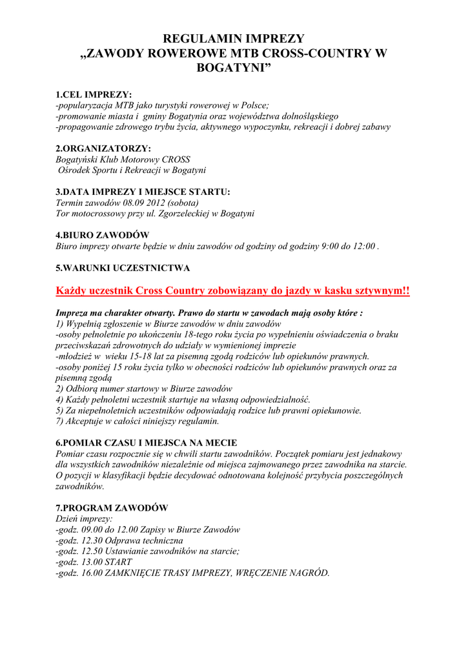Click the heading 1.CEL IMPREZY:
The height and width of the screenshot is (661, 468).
pyautogui.click(x=94, y=95)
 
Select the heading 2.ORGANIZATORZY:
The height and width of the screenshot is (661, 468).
pyautogui.click(x=103, y=148)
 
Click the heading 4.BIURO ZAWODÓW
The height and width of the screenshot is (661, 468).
pyautogui.click(x=103, y=235)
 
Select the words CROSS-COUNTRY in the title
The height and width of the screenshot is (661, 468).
pyautogui.click(x=311, y=54)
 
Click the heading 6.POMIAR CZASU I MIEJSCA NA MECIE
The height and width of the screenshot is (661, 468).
pyautogui.click(x=147, y=443)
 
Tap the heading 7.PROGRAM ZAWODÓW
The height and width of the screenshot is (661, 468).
pyautogui.click(x=112, y=507)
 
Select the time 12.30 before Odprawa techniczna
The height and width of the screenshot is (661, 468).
pyautogui.click(x=93, y=540)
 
